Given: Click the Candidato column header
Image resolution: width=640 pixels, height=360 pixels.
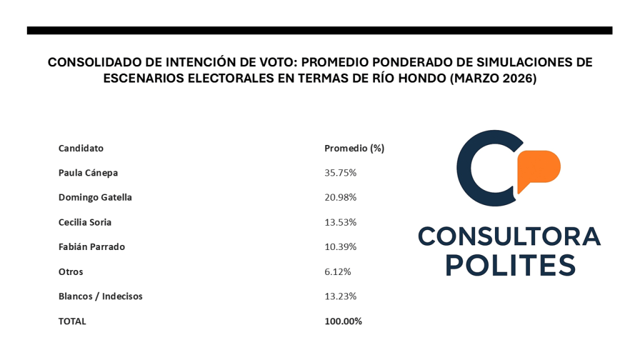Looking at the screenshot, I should coord(81,148).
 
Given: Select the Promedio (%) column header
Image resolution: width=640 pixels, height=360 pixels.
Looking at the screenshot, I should coord(354,148).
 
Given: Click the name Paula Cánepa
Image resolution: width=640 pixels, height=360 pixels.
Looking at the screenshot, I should coord(88,172).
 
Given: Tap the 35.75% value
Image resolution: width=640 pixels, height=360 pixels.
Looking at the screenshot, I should coord(340,172).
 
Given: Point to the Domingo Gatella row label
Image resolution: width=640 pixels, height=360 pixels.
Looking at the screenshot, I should coord(95,197).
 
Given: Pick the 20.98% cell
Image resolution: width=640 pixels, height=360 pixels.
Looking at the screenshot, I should coord(340,197).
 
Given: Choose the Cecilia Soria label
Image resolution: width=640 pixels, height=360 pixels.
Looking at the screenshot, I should coord(85,222).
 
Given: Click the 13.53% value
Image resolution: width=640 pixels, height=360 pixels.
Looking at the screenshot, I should coord(340,222).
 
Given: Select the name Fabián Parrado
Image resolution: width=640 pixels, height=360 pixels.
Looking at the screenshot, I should coord(91,247).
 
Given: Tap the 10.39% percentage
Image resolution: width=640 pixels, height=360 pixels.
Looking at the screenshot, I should coord(340,247).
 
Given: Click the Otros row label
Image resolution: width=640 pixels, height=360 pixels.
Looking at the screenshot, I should coord(71,272).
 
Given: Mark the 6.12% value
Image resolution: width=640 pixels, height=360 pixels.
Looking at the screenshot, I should coord(337,272).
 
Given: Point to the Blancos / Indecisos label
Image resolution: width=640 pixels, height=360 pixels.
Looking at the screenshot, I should coord(100,296).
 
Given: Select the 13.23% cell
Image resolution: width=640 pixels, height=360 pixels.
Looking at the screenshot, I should coord(340,296).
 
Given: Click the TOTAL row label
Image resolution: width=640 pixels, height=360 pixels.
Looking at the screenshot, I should coord(72,321).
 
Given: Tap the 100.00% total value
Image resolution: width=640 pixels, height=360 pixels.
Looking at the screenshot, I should coord(343,321).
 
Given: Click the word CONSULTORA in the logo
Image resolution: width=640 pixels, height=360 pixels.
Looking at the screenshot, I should coord(509,236).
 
